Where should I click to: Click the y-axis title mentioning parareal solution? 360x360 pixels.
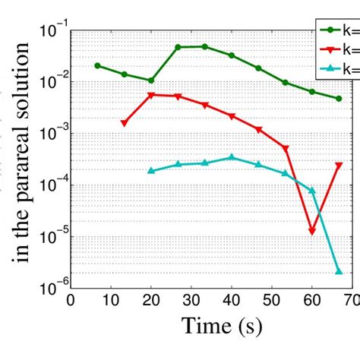pos(22,152)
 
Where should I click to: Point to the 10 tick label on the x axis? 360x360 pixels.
pos(111,300)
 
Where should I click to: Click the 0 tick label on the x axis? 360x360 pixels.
pos(71,300)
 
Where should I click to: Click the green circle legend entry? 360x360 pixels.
pos(338,31)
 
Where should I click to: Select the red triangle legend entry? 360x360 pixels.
pos(338,49)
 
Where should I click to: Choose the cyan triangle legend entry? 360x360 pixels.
pos(338,68)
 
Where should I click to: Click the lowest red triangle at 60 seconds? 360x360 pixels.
pos(312,231)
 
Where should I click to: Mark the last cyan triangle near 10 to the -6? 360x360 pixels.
pos(339,271)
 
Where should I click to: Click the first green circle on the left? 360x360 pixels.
pos(97,65)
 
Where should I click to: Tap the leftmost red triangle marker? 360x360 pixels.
pos(124,123)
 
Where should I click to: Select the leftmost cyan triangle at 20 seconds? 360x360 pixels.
pos(151,170)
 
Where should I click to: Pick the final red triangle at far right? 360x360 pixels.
pos(339,166)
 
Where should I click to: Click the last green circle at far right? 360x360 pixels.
pos(339,99)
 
